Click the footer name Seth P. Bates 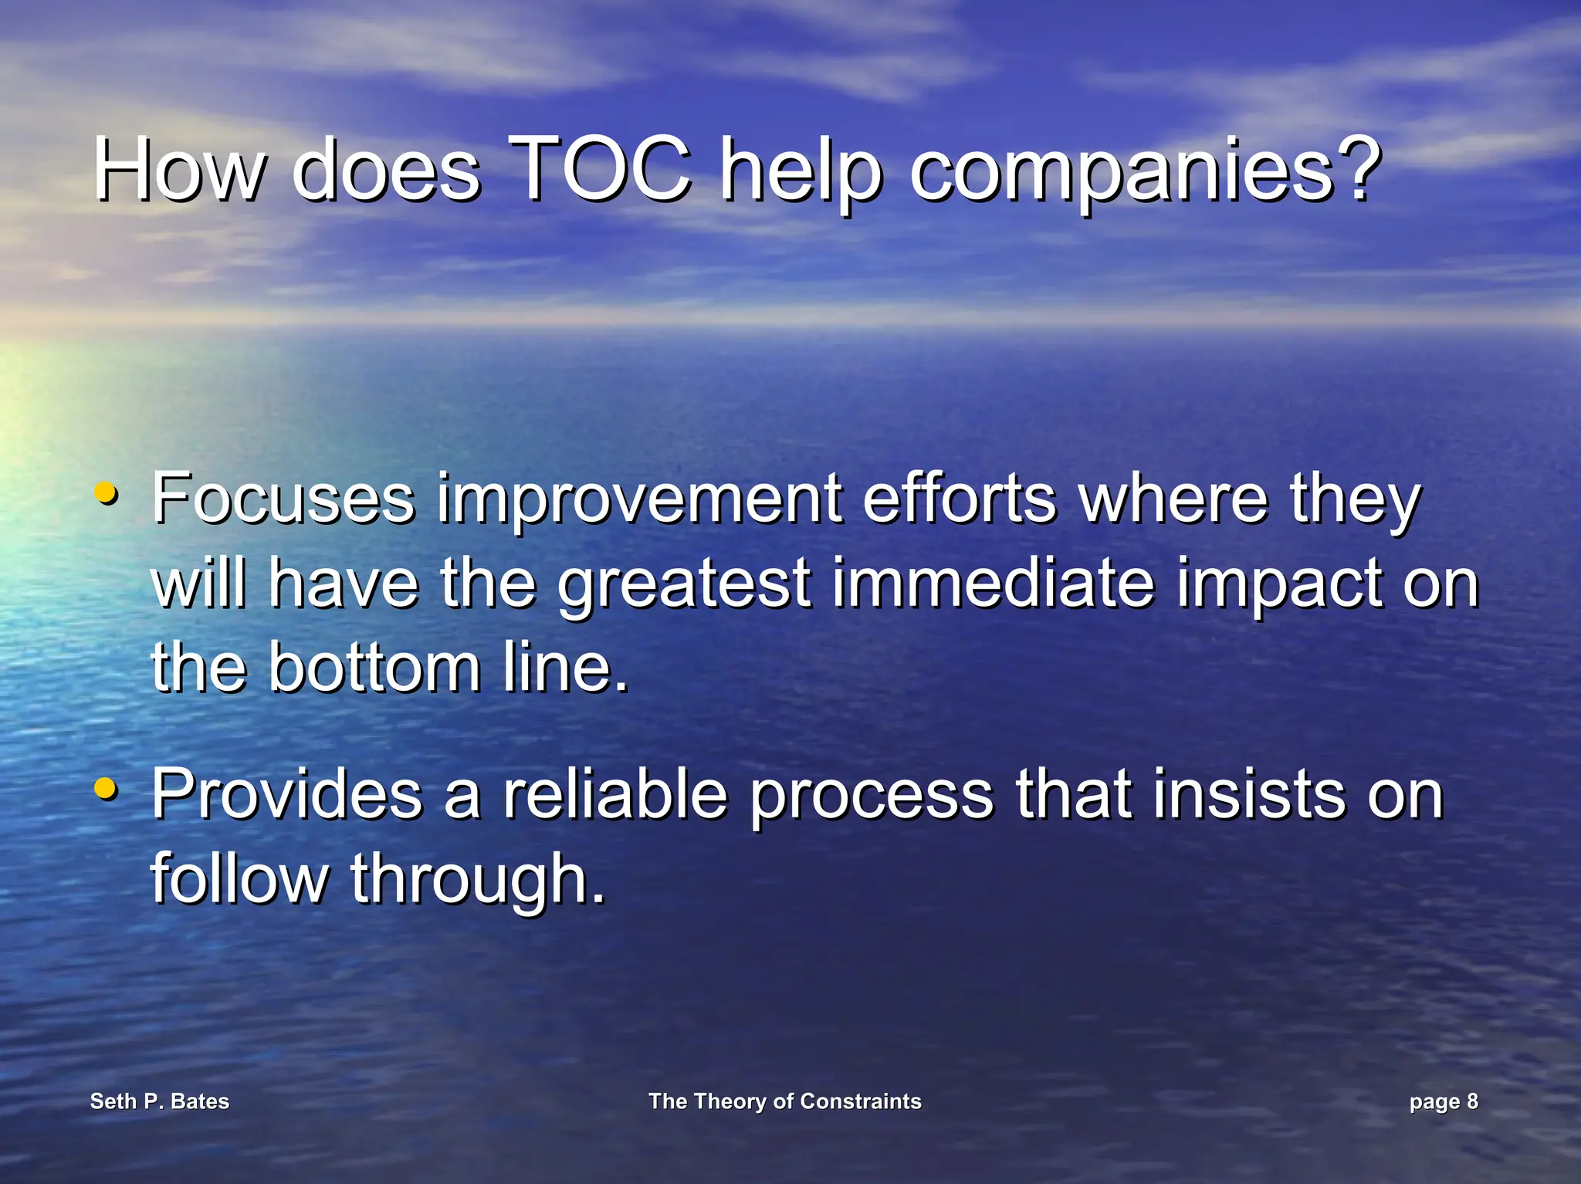(160, 1101)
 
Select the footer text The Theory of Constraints (784, 1101)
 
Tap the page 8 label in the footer (1443, 1102)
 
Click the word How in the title (179, 169)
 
